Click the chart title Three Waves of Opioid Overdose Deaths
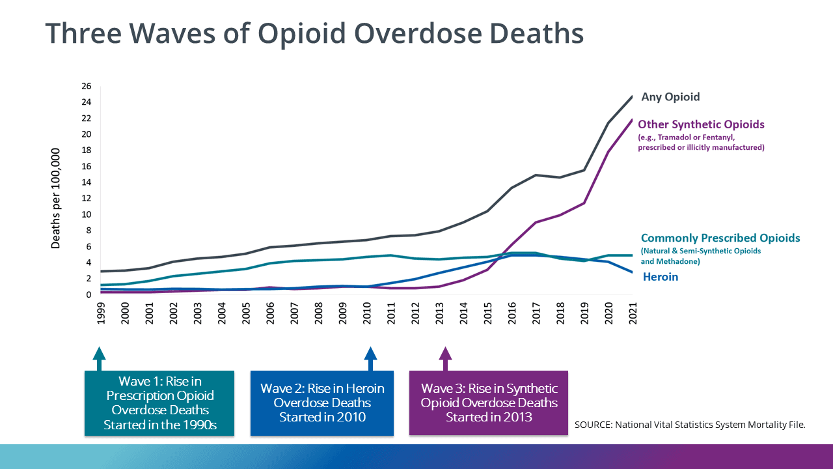tap(314, 34)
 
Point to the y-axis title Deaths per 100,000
tap(56, 198)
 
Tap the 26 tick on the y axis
tap(87, 86)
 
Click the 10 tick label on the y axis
tap(87, 214)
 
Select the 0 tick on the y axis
tap(89, 294)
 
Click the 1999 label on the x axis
tap(102, 313)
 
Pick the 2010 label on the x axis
tap(367, 313)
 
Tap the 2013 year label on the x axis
tap(439, 313)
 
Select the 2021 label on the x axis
tap(632, 313)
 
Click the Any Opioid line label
tap(670, 97)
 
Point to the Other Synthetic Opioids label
tap(701, 124)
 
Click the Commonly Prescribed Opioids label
tap(720, 238)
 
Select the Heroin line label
tap(661, 277)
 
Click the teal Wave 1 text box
tap(159, 403)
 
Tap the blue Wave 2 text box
tap(322, 403)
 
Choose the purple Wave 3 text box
tap(489, 403)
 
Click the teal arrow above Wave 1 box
tap(99, 358)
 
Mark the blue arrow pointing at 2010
tap(370, 358)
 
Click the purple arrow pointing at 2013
tap(445, 358)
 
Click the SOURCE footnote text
tap(690, 425)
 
